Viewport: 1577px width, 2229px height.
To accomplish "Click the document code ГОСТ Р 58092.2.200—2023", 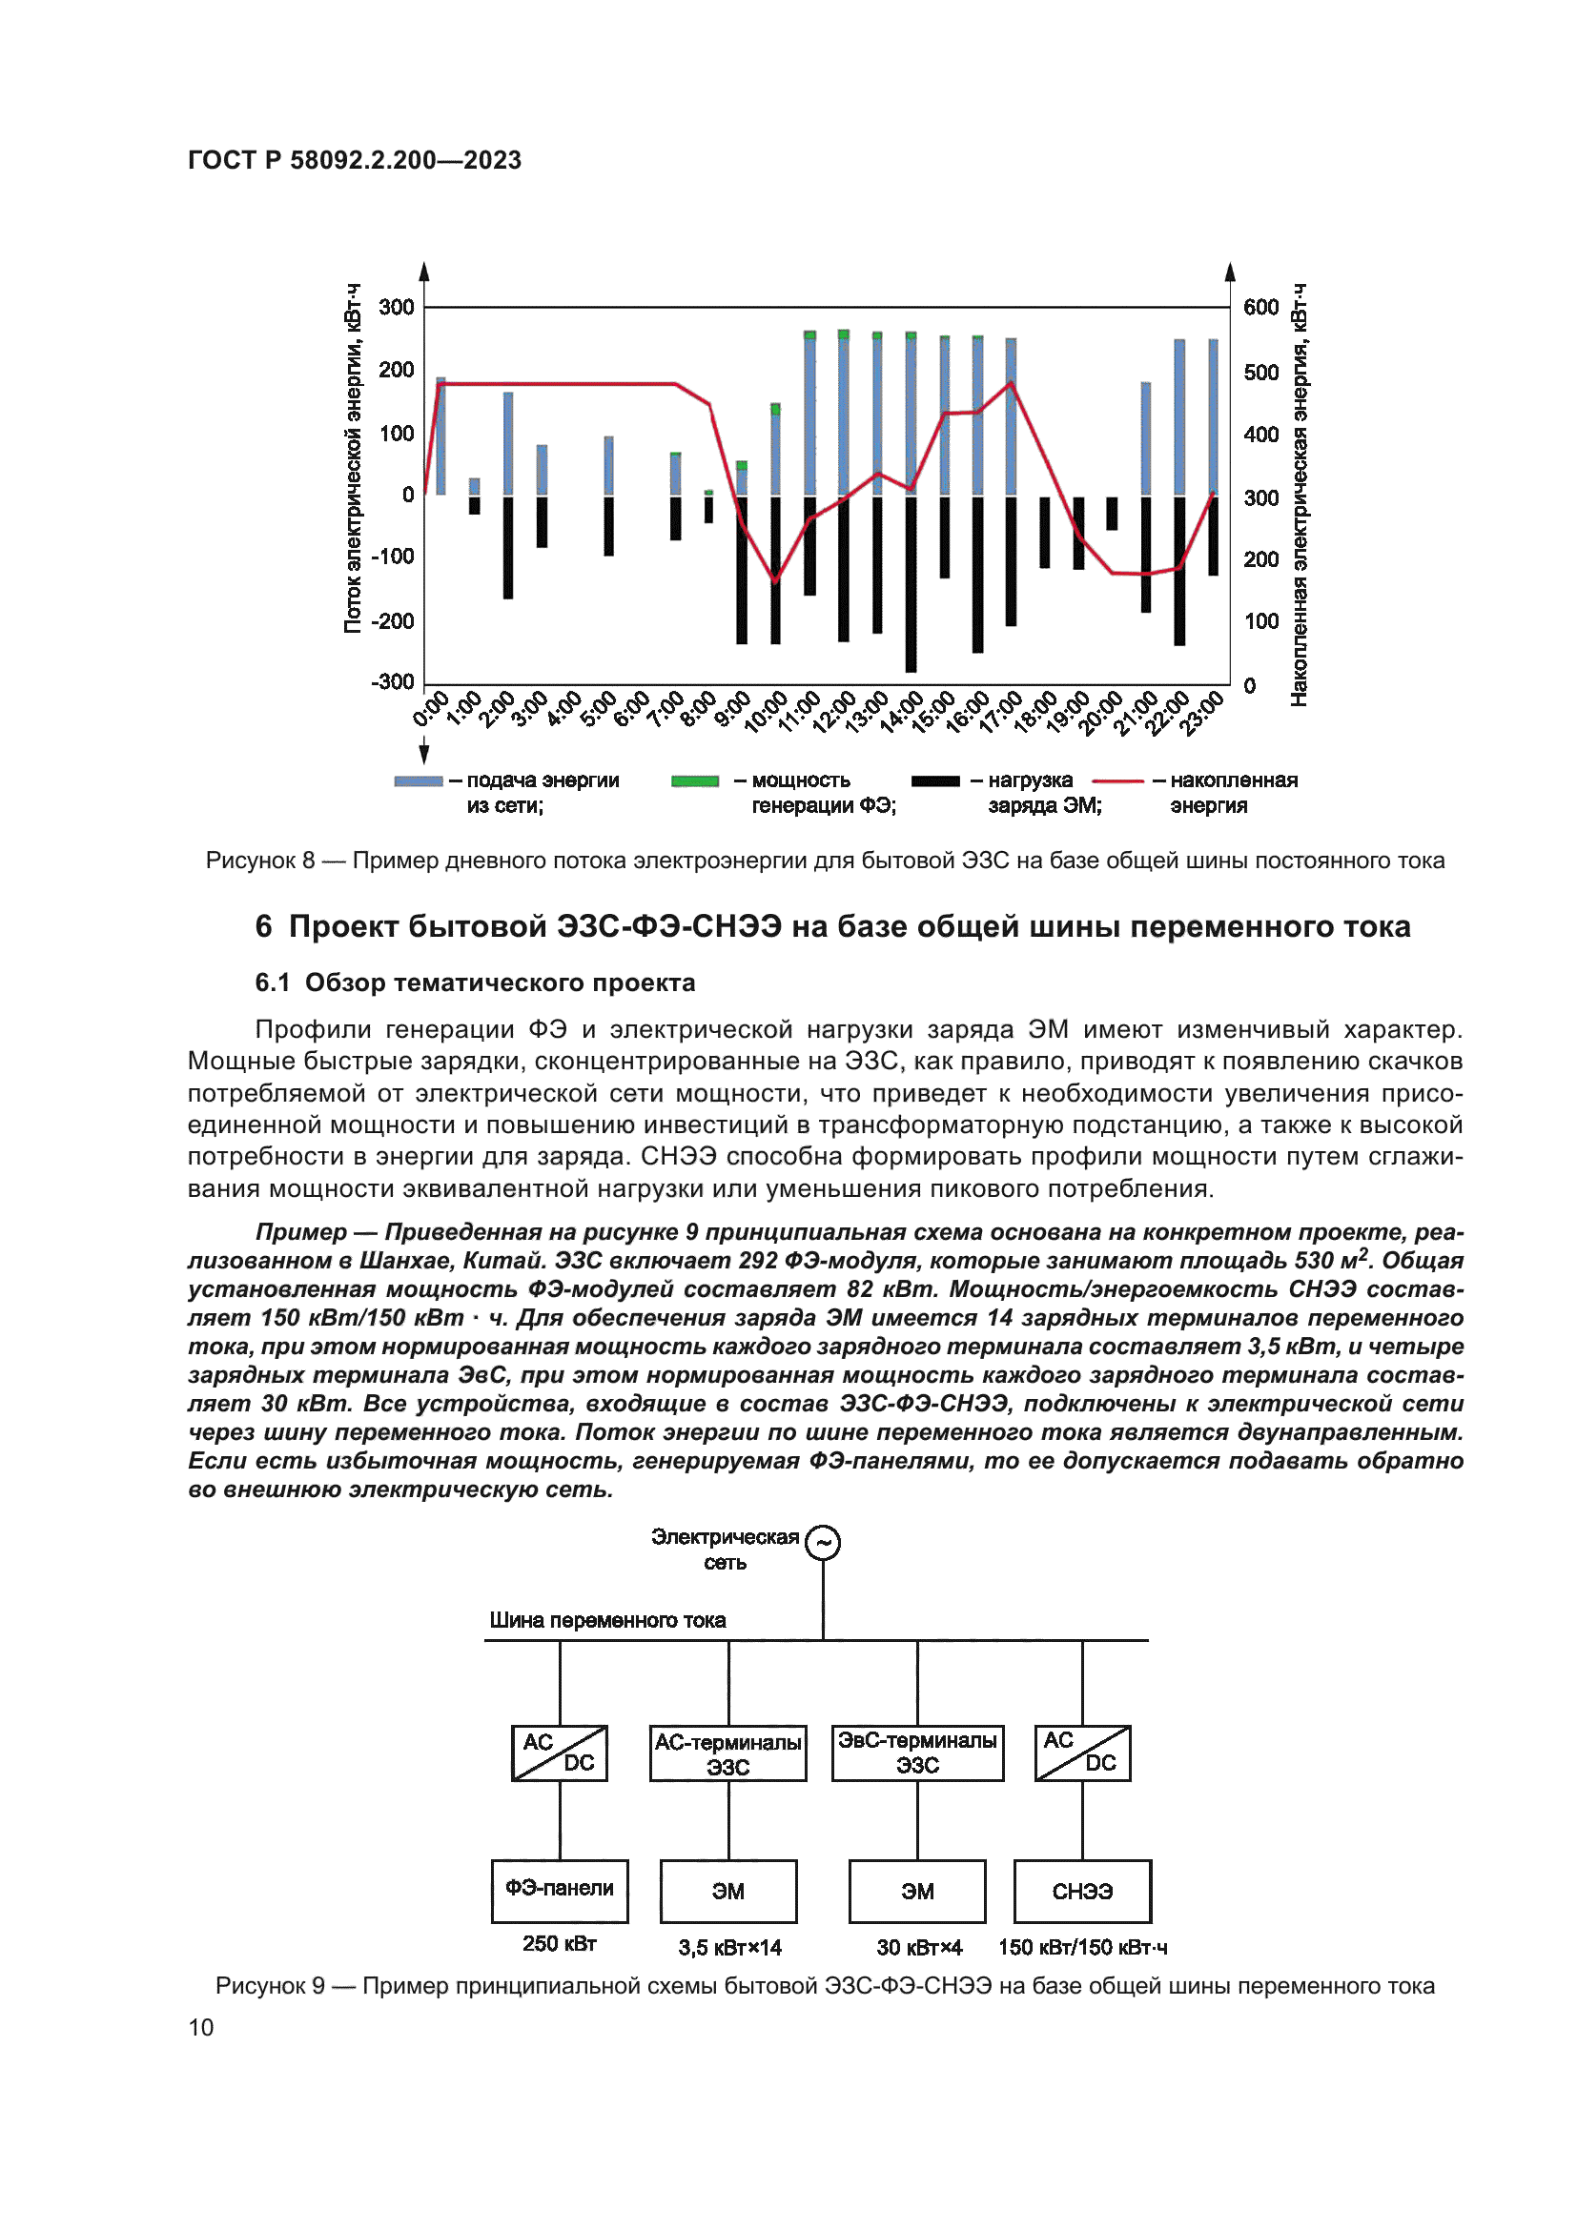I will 355,160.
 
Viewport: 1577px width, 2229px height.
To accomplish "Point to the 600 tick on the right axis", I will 1260,308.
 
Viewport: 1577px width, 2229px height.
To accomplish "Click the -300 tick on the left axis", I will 392,681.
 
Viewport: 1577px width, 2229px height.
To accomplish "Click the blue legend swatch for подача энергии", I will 419,780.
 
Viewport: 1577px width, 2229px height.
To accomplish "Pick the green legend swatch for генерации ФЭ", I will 695,780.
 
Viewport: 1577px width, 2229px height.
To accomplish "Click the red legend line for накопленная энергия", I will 1117,780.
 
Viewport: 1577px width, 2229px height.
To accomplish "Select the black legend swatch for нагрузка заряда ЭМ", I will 935,780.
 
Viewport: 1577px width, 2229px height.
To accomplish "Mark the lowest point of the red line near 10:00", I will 775,580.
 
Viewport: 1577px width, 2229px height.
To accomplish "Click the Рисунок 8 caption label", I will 260,861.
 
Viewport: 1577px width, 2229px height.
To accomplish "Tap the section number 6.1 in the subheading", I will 272,983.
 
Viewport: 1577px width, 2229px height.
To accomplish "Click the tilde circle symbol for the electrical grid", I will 823,1543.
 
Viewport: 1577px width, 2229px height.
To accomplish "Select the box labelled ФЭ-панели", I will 560,1890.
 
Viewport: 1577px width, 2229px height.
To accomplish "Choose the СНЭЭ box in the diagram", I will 1082,1890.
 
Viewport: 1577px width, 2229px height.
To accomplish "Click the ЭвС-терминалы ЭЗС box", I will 916,1753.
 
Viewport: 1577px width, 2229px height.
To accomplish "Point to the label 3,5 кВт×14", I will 729,1948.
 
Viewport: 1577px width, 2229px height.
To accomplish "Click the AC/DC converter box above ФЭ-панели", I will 560,1753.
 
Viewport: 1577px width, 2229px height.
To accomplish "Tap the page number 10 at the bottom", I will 201,2027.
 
